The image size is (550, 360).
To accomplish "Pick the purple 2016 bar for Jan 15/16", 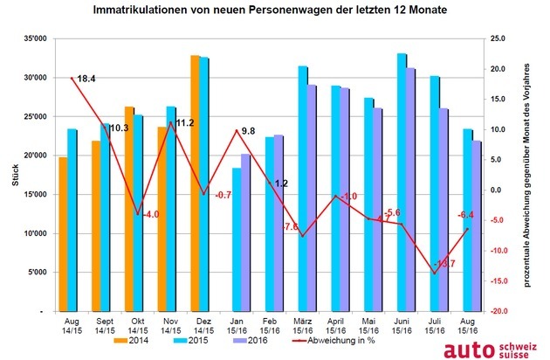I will point(245,232).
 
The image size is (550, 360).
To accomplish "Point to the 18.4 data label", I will point(86,80).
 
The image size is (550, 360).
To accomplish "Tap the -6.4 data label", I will point(465,214).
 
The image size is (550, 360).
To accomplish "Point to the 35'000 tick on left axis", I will point(34,39).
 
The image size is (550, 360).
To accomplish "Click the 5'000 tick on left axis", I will point(37,273).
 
